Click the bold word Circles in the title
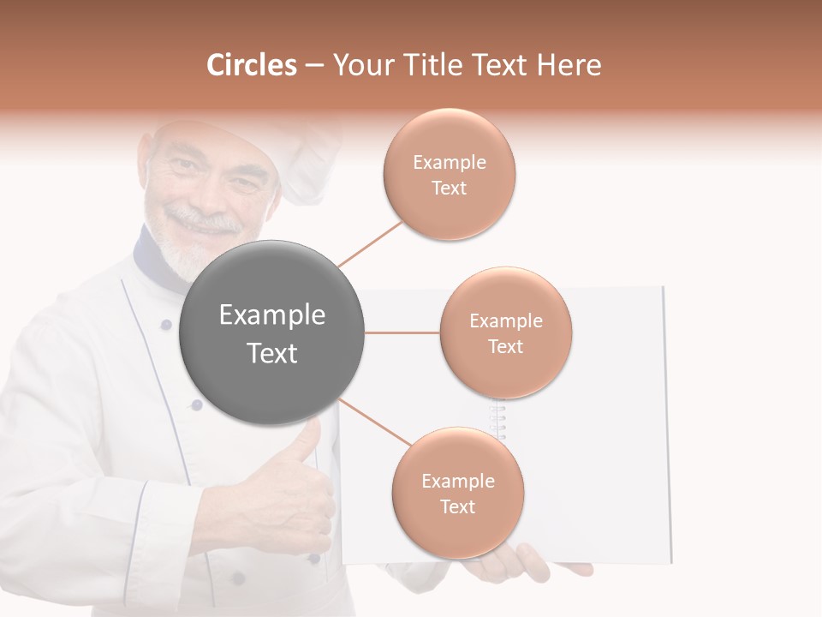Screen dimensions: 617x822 click(x=252, y=65)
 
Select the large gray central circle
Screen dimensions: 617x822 click(x=271, y=332)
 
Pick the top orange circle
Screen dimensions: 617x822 click(x=449, y=175)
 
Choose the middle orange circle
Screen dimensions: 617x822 click(x=506, y=332)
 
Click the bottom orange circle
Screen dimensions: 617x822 click(x=457, y=494)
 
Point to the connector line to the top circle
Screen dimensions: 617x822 click(x=370, y=243)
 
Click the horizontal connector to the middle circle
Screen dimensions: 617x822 click(x=402, y=332)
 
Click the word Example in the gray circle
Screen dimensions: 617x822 click(x=271, y=315)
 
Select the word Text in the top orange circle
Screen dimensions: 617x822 click(x=449, y=189)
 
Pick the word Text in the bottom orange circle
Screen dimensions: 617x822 click(x=457, y=507)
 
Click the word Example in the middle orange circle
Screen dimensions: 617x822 click(x=506, y=321)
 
